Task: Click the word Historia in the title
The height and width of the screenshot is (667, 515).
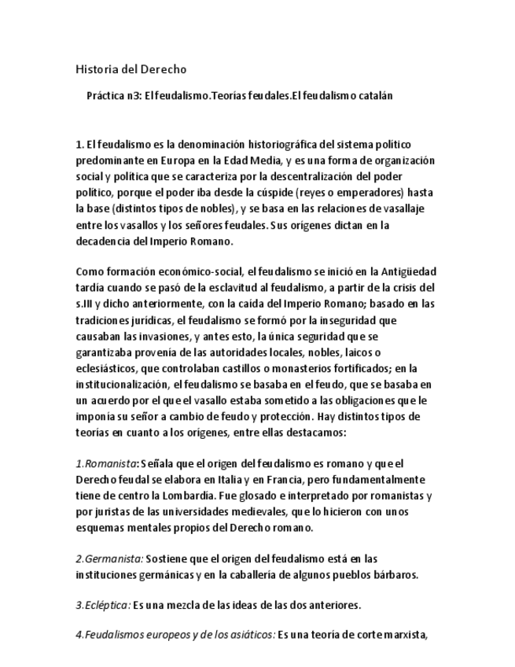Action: [95, 69]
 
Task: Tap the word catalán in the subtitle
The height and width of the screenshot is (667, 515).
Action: [373, 96]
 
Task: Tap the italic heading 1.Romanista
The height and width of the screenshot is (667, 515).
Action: [105, 464]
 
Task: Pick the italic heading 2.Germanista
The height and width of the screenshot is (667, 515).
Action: [109, 559]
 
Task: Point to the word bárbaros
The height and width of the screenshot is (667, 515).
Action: [392, 575]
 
